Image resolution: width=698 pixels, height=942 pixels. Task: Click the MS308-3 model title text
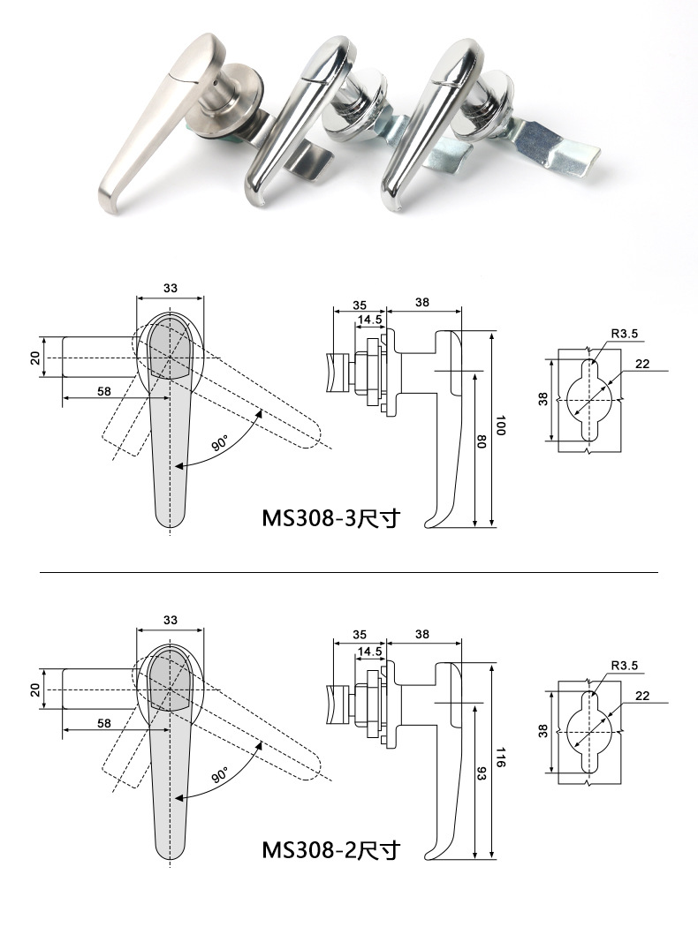coord(330,517)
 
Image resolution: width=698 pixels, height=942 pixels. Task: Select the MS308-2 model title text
coord(330,850)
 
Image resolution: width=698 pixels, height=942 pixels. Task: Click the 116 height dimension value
coord(501,757)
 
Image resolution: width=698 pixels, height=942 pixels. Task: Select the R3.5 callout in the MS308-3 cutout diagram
coord(623,334)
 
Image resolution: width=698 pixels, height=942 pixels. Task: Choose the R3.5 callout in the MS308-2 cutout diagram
coord(623,666)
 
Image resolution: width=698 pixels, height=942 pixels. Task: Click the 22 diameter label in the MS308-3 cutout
coord(642,364)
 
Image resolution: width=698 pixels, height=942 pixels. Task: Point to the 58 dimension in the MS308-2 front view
coord(104,723)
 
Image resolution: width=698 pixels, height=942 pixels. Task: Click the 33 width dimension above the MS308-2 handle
coord(171,621)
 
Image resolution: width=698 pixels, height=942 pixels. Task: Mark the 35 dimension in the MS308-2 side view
coord(360,634)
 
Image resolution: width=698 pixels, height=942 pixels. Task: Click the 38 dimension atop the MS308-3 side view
coord(422,302)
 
